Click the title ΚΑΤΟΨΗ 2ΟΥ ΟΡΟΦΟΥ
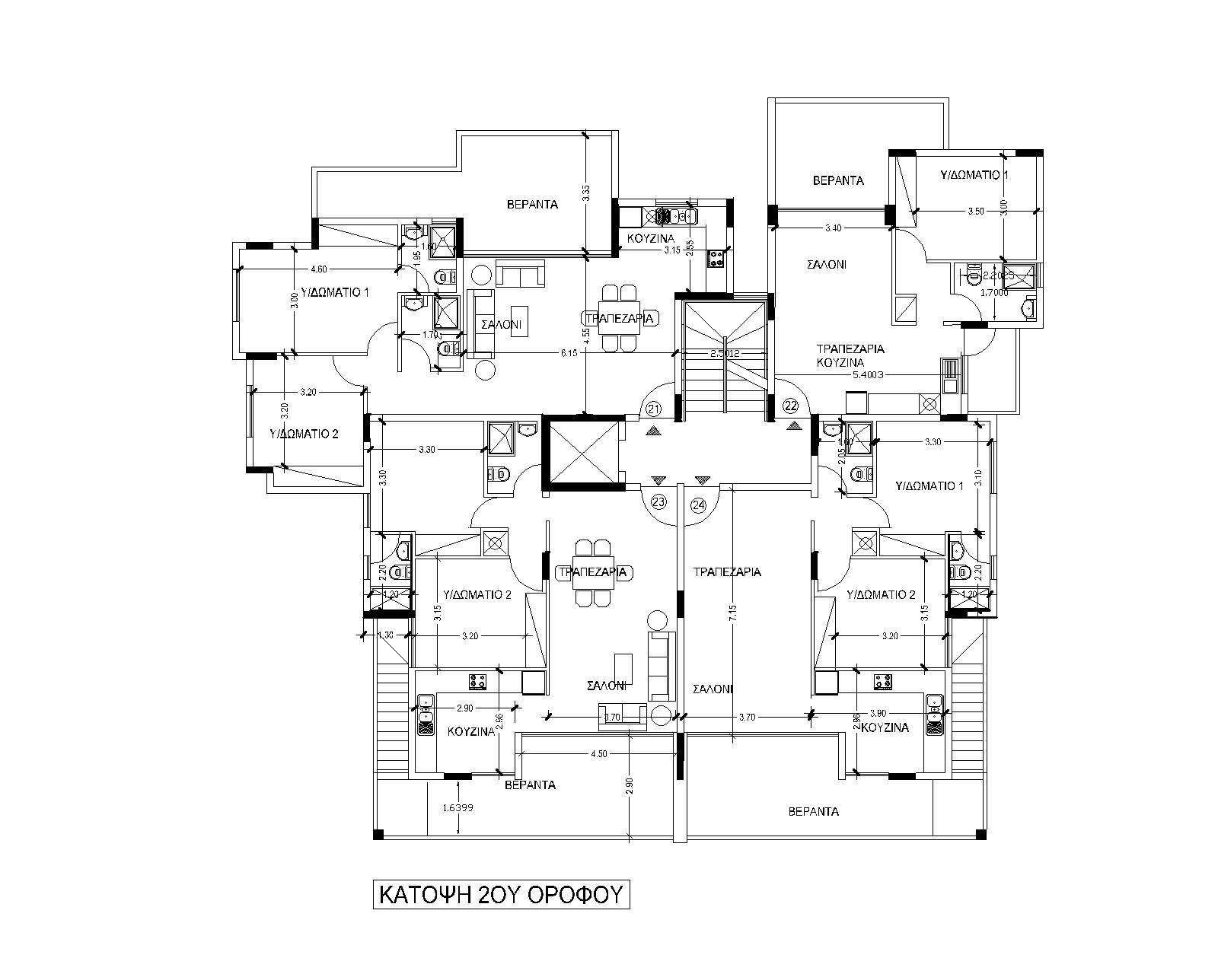(502, 893)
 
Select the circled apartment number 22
(791, 404)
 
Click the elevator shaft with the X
(581, 453)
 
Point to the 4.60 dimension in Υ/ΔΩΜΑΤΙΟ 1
(319, 269)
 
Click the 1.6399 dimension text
(458, 808)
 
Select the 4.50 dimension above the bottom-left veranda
(599, 754)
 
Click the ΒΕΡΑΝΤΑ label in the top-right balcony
(838, 181)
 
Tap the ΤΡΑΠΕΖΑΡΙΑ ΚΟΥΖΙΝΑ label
(850, 355)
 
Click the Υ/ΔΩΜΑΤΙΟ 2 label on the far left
(304, 434)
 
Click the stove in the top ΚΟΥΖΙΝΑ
(715, 259)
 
